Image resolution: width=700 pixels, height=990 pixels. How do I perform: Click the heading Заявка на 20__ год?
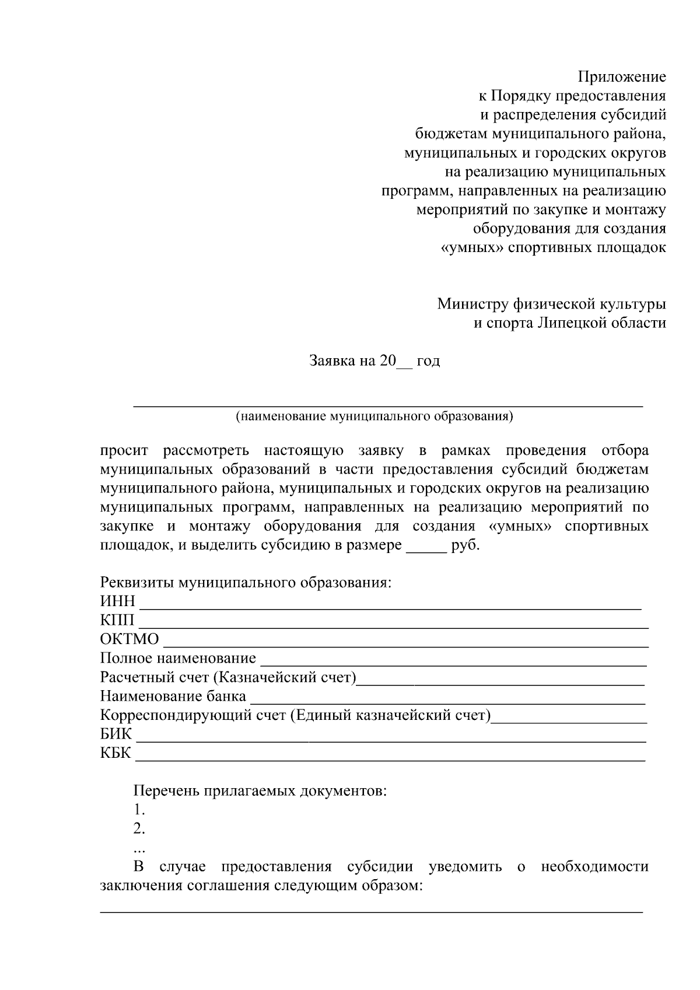(x=374, y=361)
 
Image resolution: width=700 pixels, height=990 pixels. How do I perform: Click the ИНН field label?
(x=117, y=601)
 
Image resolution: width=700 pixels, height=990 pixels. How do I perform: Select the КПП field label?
(x=117, y=620)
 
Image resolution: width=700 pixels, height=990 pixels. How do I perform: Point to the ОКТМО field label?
(x=129, y=639)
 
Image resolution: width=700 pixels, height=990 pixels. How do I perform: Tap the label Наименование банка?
(x=173, y=697)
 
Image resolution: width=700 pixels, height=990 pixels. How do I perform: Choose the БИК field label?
(x=116, y=734)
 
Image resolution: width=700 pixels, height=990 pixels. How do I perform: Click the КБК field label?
(x=116, y=753)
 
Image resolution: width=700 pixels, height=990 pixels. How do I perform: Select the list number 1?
(x=139, y=810)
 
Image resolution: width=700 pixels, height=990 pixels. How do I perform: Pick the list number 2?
(x=139, y=829)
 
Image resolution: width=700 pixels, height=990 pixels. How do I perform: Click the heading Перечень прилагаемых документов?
(x=260, y=792)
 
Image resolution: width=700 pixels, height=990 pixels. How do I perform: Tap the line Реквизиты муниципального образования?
(x=246, y=583)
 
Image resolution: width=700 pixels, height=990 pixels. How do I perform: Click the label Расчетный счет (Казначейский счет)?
(x=228, y=677)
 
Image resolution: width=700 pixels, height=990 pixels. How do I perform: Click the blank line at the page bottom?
(x=371, y=909)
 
